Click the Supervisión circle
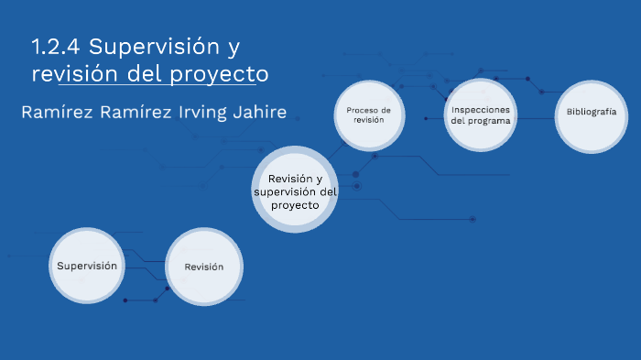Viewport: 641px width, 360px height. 87,266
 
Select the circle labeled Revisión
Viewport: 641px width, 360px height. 203,267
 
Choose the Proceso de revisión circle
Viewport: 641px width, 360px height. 368,115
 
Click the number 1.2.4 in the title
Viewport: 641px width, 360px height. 56,46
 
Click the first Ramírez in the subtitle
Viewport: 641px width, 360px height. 54,113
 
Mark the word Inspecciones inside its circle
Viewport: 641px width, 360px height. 481,110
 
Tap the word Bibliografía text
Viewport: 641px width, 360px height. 591,112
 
